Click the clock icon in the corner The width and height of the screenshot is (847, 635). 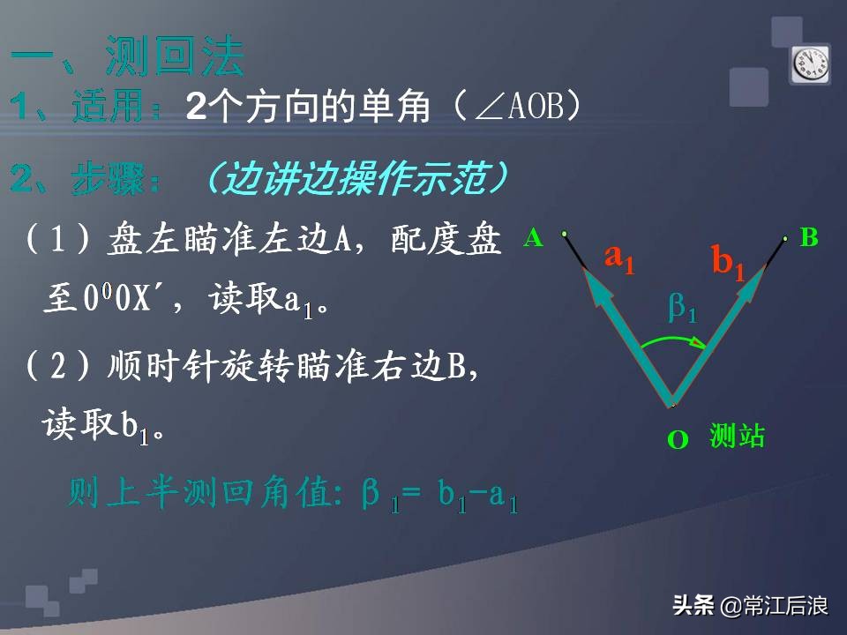click(810, 63)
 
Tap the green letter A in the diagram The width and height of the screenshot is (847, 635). click(533, 237)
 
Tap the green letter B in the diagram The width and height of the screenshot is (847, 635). click(809, 237)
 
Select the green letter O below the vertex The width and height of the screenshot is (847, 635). click(678, 440)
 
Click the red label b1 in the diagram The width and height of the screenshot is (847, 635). click(729, 262)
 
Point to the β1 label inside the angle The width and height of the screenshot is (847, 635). click(682, 308)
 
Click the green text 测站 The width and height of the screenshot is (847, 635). click(737, 436)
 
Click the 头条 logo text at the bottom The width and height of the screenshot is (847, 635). click(693, 606)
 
